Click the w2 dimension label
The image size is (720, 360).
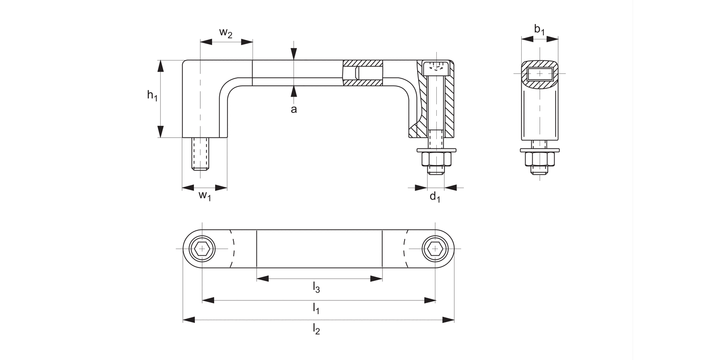pos(226,33)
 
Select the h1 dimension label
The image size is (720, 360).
pos(152,96)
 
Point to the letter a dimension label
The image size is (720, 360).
pos(294,109)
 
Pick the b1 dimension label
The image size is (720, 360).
pos(540,30)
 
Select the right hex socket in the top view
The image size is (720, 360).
pos(435,249)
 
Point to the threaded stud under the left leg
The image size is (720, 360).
pos(202,154)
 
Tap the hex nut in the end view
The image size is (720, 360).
pos(540,159)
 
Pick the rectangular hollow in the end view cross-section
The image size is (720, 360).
pos(540,73)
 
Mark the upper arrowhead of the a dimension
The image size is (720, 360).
pos(294,54)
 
